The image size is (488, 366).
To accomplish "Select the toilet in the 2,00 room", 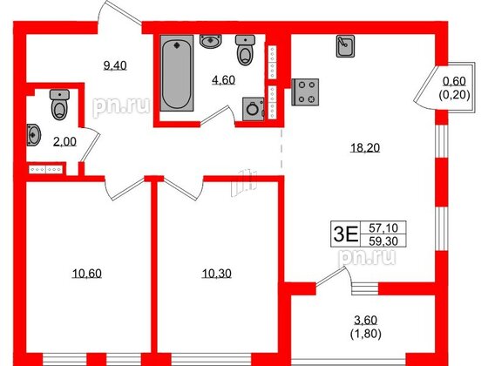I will tap(58, 105).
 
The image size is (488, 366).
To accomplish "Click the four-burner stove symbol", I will tap(306, 91).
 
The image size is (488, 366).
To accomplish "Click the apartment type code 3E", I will tap(346, 233).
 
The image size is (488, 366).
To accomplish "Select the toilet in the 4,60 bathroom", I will tap(246, 51).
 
